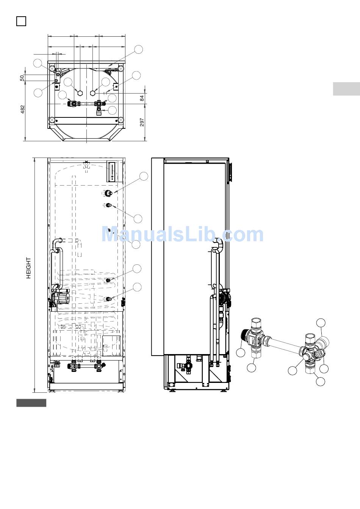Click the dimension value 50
(x=22, y=78)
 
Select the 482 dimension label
(x=22, y=109)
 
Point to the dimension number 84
(x=142, y=98)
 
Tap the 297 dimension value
(x=142, y=122)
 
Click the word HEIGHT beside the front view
(x=28, y=268)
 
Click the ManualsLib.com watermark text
(x=182, y=234)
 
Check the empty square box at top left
(x=21, y=21)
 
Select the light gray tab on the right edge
(x=346, y=89)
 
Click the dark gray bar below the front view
(x=31, y=403)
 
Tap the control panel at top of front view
(x=112, y=172)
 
